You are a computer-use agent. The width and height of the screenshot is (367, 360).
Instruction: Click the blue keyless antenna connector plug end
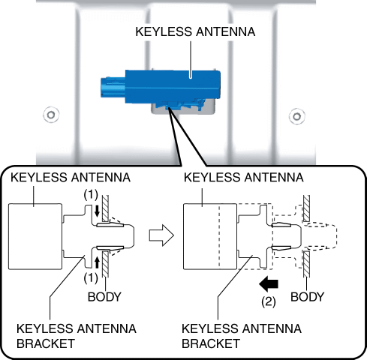[113, 87]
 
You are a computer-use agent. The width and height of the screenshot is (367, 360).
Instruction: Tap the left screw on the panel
[51, 115]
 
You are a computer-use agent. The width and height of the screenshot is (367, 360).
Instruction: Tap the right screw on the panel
[296, 116]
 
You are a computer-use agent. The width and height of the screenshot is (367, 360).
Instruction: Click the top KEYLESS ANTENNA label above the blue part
[195, 32]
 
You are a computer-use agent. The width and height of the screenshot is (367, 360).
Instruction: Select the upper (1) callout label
[91, 194]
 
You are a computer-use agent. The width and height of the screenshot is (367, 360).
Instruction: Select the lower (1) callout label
[91, 277]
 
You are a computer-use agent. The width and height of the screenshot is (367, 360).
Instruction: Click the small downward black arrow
[97, 211]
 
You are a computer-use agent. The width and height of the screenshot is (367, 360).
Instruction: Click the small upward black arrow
[97, 263]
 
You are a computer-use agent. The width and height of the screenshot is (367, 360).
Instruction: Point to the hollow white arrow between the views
[161, 235]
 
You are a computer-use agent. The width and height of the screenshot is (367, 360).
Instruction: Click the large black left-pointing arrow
[269, 284]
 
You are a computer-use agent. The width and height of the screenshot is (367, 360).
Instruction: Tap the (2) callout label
[269, 301]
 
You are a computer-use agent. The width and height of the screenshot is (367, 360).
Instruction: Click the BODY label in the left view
[104, 297]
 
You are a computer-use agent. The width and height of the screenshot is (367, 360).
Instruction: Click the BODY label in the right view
[307, 297]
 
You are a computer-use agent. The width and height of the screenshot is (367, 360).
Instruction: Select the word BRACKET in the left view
[46, 343]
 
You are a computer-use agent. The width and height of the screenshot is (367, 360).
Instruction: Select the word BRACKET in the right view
[211, 343]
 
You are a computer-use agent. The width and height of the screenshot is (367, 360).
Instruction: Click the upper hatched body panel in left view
[105, 208]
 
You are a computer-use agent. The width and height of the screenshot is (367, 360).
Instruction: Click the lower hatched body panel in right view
[306, 264]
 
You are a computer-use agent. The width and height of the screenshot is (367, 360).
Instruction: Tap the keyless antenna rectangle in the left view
[35, 236]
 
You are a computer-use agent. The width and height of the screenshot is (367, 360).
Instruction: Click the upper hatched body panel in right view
[306, 208]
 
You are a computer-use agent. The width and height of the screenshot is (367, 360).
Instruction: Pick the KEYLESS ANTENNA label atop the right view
[244, 178]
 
